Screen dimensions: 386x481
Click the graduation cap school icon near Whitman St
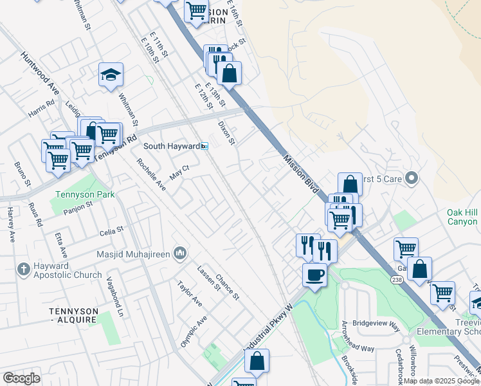(x=111, y=75)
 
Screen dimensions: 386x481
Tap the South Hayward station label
(x=171, y=146)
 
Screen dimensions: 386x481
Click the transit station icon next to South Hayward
(x=204, y=146)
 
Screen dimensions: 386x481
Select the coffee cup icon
(x=314, y=275)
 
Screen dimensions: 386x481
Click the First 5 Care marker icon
(x=413, y=178)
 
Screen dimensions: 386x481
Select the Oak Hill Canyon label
(x=463, y=217)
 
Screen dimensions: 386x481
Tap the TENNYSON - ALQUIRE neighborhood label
(x=74, y=315)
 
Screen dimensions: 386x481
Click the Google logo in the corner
(x=21, y=378)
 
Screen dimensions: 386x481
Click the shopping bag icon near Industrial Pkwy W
(x=257, y=362)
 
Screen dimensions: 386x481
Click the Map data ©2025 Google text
(x=441, y=381)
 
